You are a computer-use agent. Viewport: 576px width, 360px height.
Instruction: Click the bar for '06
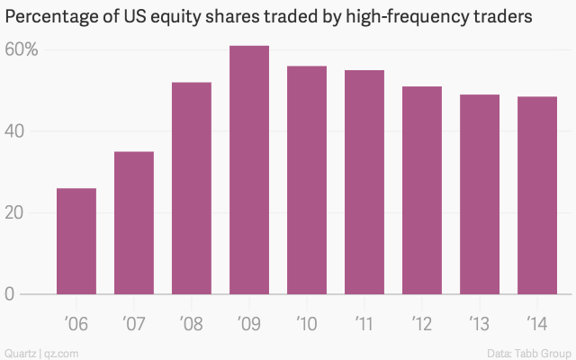(76, 241)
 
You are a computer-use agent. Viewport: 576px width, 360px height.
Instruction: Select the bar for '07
(134, 223)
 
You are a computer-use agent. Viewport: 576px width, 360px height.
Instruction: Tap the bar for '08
(192, 188)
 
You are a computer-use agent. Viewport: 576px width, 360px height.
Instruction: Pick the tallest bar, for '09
(249, 170)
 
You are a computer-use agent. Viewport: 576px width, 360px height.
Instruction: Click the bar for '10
(307, 180)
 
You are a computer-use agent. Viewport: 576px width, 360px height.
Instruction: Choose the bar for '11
(364, 182)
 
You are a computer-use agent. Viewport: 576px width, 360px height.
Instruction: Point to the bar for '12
(422, 190)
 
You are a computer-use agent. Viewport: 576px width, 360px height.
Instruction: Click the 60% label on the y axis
(20, 49)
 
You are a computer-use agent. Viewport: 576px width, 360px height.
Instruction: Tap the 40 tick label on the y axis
(16, 131)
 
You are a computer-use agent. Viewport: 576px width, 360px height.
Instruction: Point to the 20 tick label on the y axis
(16, 213)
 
